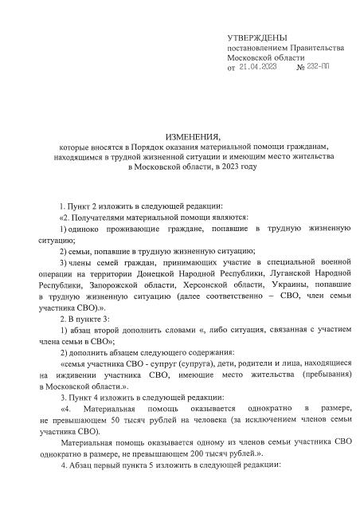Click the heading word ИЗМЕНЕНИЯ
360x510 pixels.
click(190, 138)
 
